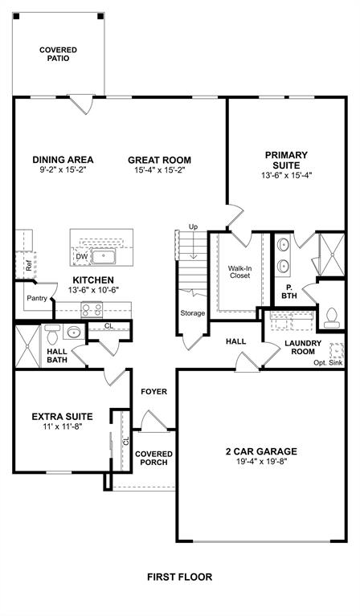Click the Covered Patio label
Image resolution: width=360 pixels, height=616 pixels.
point(59,55)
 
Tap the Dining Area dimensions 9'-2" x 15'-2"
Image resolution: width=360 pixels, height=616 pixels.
point(63,170)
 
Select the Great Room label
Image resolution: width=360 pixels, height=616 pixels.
point(159,159)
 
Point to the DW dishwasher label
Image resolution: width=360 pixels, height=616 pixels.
point(81,257)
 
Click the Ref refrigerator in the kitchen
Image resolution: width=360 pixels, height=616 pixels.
point(28,263)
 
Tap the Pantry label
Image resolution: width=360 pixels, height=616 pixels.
point(37,298)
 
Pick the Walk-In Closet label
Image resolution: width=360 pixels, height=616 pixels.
point(239,271)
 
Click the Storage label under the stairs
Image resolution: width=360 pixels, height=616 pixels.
point(193,313)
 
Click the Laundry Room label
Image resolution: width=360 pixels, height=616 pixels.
point(304,348)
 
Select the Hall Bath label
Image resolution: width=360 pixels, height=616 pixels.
point(57,356)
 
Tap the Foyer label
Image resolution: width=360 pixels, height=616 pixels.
point(153,392)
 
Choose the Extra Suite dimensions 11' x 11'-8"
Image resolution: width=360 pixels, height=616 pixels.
point(62,426)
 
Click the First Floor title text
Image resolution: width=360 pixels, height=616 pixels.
point(179,577)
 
